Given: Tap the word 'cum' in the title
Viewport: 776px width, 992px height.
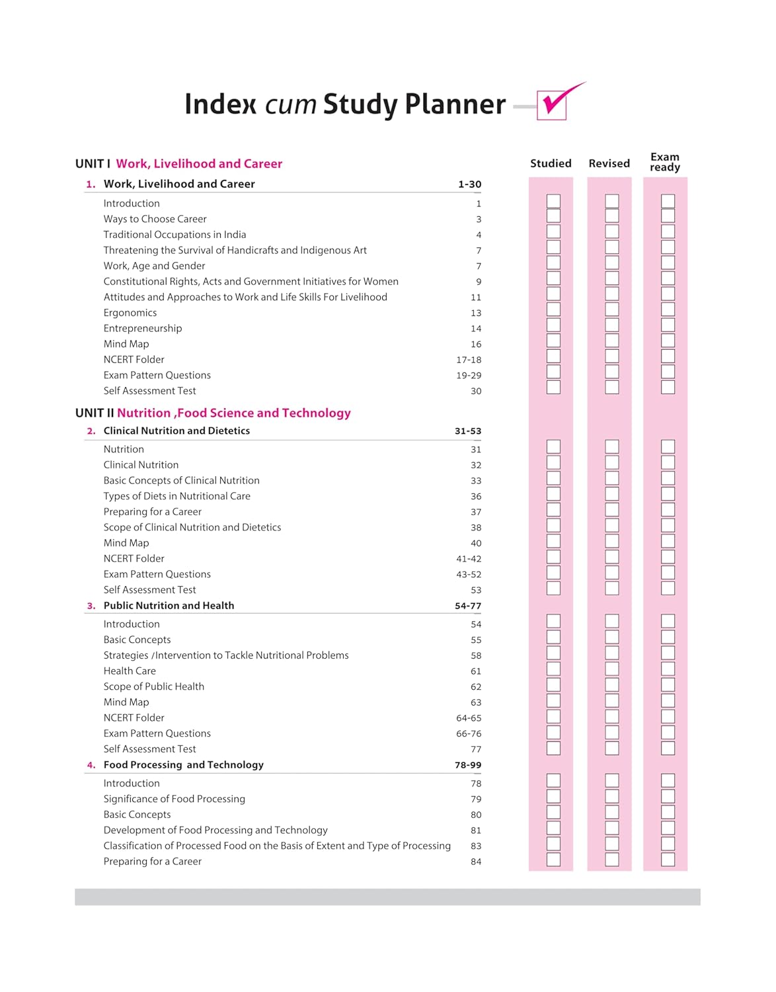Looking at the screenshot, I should [x=291, y=104].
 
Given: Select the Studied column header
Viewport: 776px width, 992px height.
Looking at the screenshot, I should [x=551, y=163].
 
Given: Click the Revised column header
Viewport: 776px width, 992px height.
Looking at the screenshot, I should [x=609, y=163].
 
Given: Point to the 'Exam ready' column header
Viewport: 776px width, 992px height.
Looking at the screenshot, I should [x=664, y=162].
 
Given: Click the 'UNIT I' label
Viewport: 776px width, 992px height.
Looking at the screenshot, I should [x=93, y=164].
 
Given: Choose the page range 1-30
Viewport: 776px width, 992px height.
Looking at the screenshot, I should [x=469, y=185].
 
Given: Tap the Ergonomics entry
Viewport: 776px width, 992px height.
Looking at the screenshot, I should [x=130, y=313].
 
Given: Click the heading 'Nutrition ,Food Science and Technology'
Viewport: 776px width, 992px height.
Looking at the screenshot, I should [x=234, y=413].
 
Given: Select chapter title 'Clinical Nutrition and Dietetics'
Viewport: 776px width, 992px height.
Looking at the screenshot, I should [x=176, y=431].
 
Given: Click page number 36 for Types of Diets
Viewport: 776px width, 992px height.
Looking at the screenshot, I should [x=476, y=497].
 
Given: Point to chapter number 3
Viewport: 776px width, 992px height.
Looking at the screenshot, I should [x=91, y=606].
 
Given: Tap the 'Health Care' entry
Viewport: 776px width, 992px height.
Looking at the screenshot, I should [x=130, y=671].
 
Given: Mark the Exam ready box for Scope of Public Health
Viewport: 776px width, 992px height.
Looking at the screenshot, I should [x=668, y=685].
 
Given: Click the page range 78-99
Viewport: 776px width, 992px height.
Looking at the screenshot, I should [x=468, y=765].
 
